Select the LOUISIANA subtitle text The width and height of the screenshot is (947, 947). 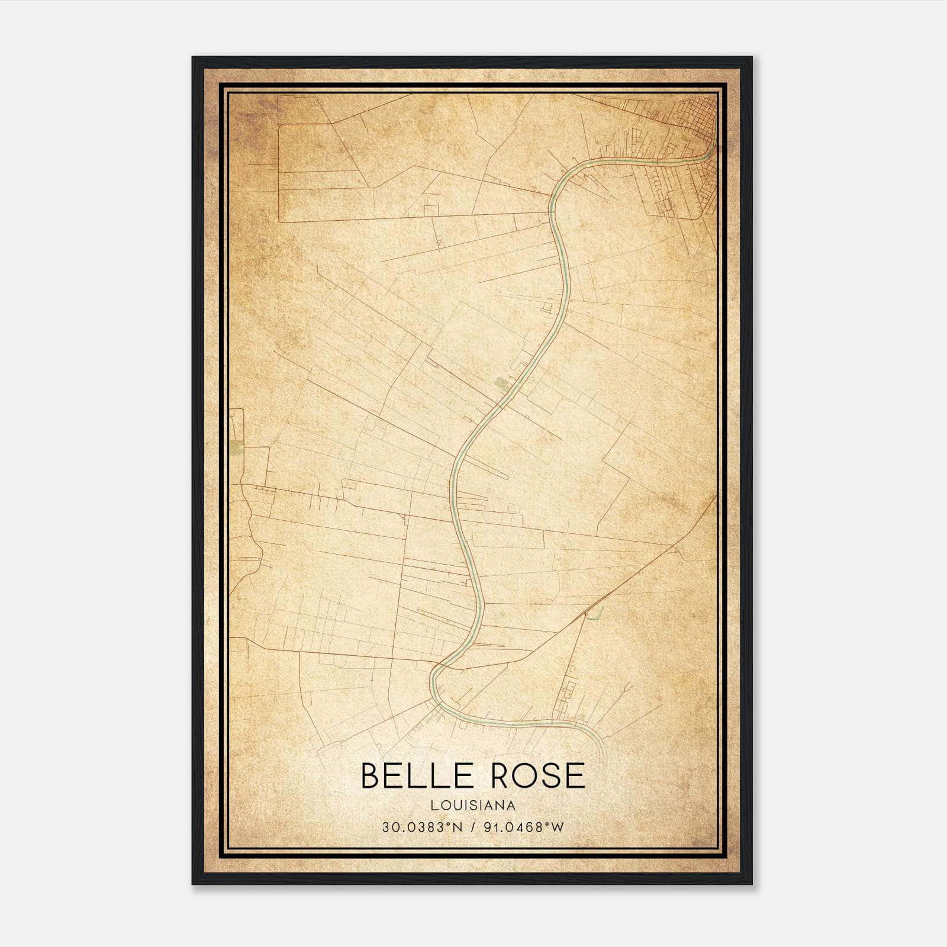pos(473,806)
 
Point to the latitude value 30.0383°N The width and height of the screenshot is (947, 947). pos(421,827)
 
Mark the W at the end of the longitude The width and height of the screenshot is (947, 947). pos(558,827)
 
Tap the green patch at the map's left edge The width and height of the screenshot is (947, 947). pos(237,448)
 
